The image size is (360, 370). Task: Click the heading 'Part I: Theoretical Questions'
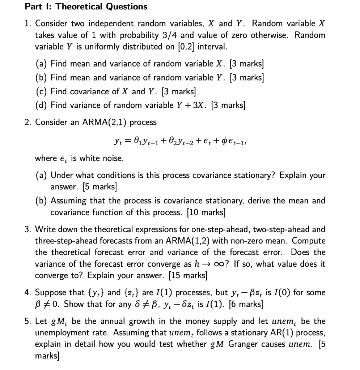tap(86, 7)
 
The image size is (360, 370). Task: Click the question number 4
tap(27, 292)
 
